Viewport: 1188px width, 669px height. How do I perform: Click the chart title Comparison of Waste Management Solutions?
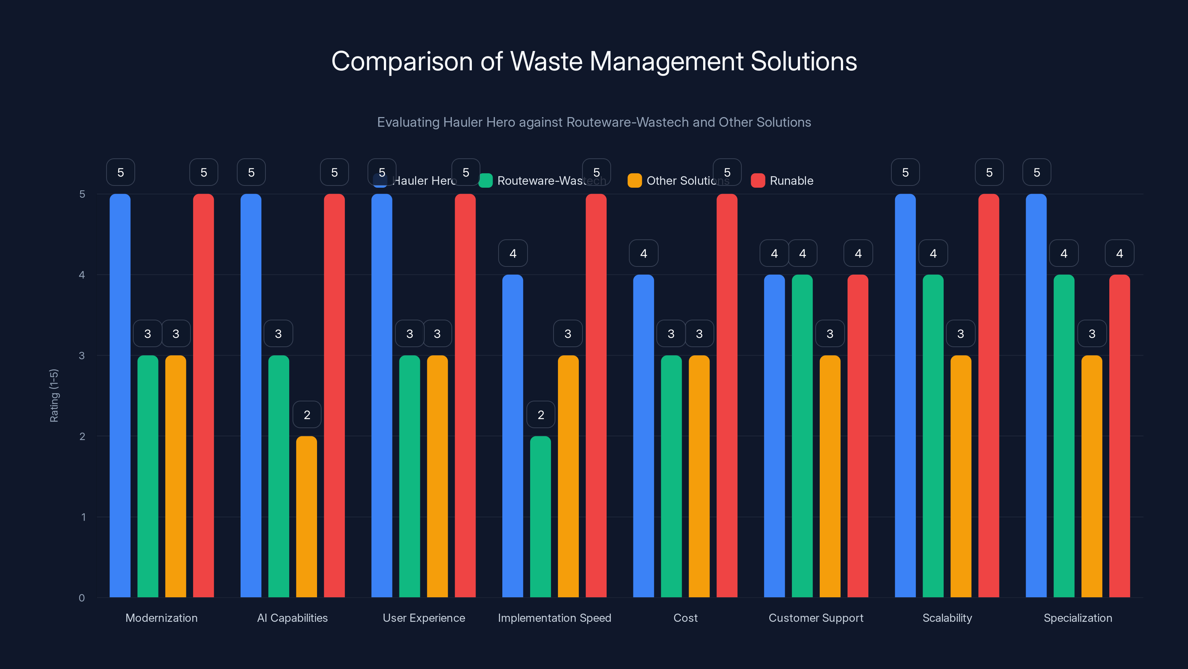click(x=594, y=61)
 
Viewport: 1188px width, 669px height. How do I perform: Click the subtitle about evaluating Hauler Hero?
click(x=594, y=122)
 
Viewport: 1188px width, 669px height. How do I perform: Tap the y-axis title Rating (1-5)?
click(x=54, y=396)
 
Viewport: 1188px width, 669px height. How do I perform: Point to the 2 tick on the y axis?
click(x=82, y=436)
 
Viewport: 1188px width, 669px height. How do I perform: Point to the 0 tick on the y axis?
click(x=82, y=598)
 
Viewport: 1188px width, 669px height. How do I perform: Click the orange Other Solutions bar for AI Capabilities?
click(x=307, y=517)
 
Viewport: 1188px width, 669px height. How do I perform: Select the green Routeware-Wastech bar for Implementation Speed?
click(x=541, y=517)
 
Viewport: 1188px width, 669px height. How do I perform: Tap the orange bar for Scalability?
click(x=961, y=476)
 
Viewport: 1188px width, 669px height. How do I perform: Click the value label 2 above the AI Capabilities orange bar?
click(x=307, y=415)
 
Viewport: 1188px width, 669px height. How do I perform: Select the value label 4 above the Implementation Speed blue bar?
click(x=513, y=253)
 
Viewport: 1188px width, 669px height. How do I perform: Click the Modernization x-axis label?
click(x=161, y=618)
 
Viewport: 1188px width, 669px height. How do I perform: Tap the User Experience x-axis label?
click(x=424, y=618)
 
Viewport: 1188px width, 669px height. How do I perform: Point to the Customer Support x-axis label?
click(x=816, y=618)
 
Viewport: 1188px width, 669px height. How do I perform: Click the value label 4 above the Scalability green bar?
click(x=933, y=253)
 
